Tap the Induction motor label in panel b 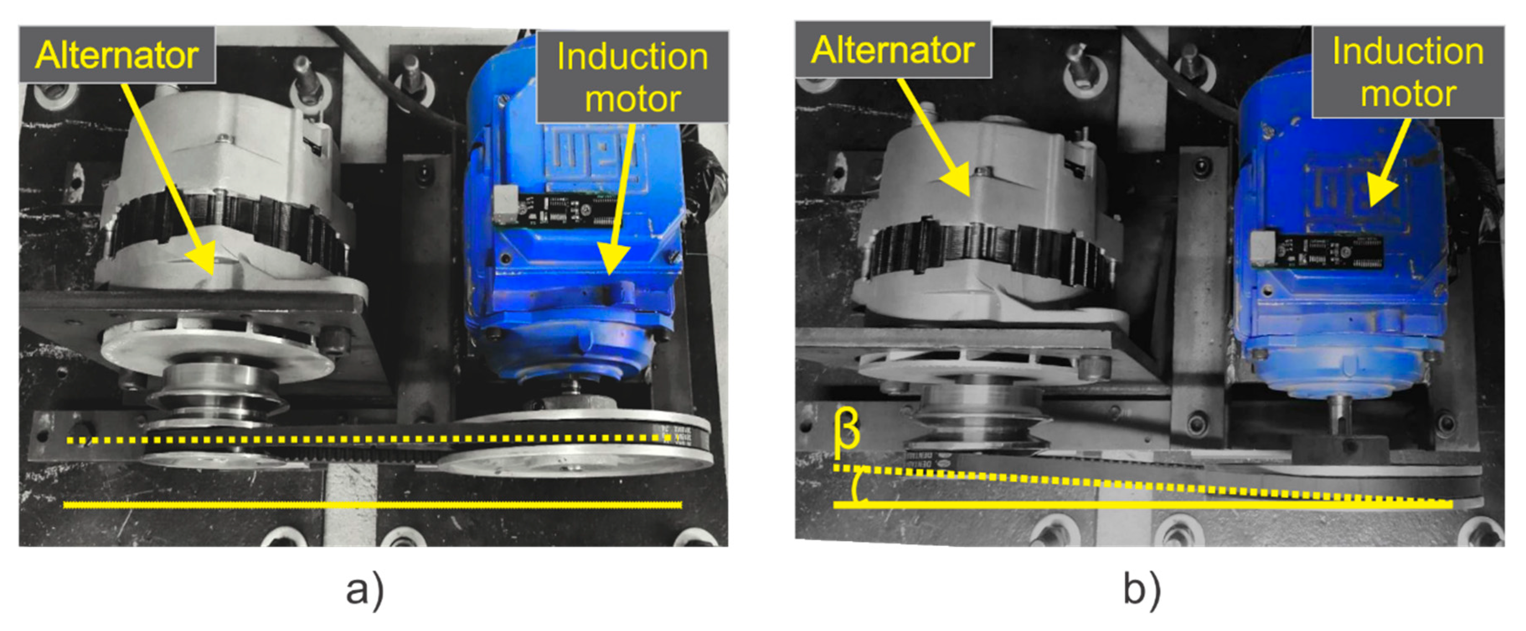(x=1407, y=72)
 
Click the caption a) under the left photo (x=365, y=590)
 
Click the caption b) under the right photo (x=1142, y=590)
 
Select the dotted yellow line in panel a (x=367, y=440)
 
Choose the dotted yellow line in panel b (x=1143, y=486)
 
